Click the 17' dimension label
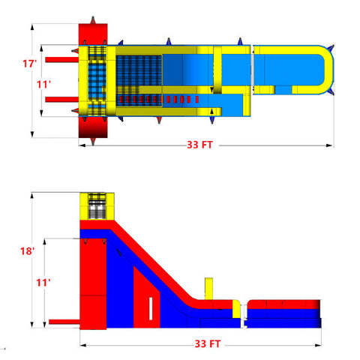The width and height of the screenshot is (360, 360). click(x=29, y=64)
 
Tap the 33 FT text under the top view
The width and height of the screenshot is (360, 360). click(x=199, y=145)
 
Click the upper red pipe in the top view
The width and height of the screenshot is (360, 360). click(x=58, y=58)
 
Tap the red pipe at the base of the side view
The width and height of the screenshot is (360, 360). click(x=63, y=322)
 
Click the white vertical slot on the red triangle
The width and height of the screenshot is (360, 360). click(x=151, y=310)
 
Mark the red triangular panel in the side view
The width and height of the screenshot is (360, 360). click(x=146, y=300)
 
